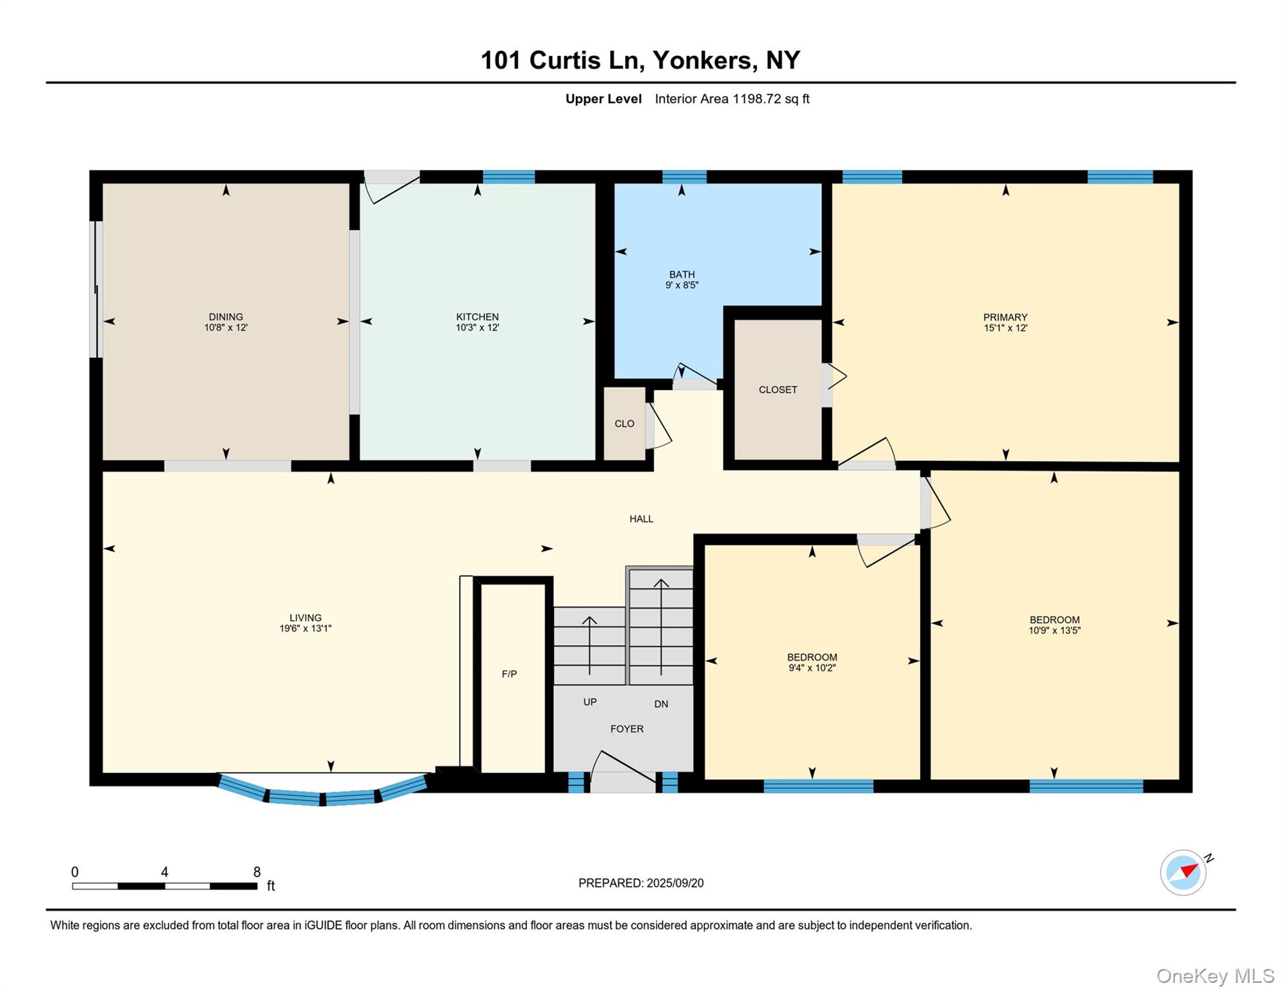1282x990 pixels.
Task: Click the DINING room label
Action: pyautogui.click(x=226, y=316)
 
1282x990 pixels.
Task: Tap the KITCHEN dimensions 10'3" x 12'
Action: pyautogui.click(x=477, y=327)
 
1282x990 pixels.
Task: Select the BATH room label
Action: pyautogui.click(x=682, y=275)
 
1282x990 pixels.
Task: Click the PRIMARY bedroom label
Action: pyautogui.click(x=1005, y=317)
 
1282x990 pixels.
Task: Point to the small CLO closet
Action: pyautogui.click(x=624, y=423)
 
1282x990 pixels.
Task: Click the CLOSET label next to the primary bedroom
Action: pyautogui.click(x=778, y=390)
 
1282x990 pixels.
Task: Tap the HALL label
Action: pyautogui.click(x=641, y=519)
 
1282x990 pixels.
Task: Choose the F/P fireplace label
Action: pyautogui.click(x=509, y=674)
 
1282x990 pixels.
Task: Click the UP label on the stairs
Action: pyautogui.click(x=589, y=702)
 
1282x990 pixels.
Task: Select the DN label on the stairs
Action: pyautogui.click(x=661, y=704)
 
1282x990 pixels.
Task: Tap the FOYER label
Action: pyautogui.click(x=627, y=729)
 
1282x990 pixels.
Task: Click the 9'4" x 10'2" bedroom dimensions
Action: pyautogui.click(x=812, y=668)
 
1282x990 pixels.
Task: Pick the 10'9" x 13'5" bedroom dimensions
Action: pyautogui.click(x=1054, y=631)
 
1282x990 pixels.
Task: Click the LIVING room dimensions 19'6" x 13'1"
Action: pyautogui.click(x=305, y=628)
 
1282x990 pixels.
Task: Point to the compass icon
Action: pyautogui.click(x=1183, y=872)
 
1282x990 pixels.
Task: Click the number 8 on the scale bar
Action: pyautogui.click(x=257, y=872)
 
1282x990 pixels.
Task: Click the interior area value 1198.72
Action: pyautogui.click(x=756, y=99)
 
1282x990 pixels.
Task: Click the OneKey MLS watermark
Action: pyautogui.click(x=1215, y=976)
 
